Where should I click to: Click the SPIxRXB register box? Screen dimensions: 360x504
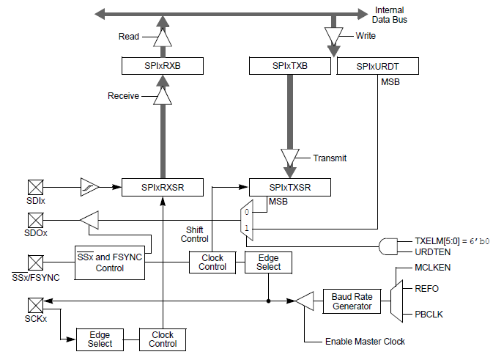coord(162,67)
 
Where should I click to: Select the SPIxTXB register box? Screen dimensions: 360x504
coord(290,67)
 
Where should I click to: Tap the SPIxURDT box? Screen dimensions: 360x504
coord(377,67)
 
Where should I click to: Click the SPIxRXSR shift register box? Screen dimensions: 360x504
coord(163,188)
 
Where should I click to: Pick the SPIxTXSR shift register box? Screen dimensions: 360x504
coord(290,188)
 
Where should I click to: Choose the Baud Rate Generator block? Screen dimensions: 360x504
coord(352,301)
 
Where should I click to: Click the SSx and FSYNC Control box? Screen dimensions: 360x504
coord(111,262)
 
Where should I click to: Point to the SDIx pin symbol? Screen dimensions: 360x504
coord(35,187)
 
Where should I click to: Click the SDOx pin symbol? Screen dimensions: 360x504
coord(35,219)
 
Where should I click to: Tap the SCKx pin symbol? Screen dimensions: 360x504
coord(35,305)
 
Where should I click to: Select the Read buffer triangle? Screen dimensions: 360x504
coord(162,37)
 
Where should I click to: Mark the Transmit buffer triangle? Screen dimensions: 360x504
coord(290,158)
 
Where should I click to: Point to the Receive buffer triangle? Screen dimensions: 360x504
coord(162,96)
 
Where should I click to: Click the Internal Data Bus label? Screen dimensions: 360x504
coord(390,15)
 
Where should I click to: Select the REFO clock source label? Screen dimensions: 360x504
coord(427,289)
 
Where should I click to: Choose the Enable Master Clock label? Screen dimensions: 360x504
coord(365,342)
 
